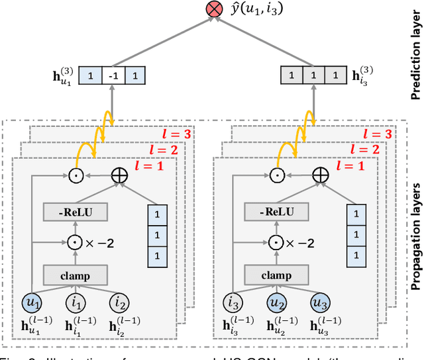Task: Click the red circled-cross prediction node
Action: coord(214,9)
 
